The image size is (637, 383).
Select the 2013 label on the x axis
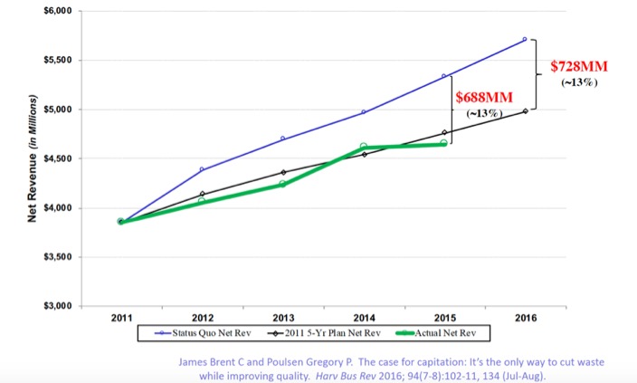[282, 318]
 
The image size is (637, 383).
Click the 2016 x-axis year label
[525, 318]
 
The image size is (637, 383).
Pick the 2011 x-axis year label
[121, 318]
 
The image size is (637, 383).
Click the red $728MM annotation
[579, 68]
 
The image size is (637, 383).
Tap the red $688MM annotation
[483, 97]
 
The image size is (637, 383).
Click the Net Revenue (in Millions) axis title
[33, 159]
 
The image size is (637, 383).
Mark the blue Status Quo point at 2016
[525, 40]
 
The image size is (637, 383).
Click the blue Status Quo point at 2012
[202, 169]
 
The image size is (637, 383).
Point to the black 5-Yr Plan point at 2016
[525, 110]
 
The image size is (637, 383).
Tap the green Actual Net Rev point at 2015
[443, 143]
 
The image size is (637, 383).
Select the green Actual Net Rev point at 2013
[282, 184]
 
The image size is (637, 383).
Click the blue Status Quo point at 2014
[363, 112]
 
